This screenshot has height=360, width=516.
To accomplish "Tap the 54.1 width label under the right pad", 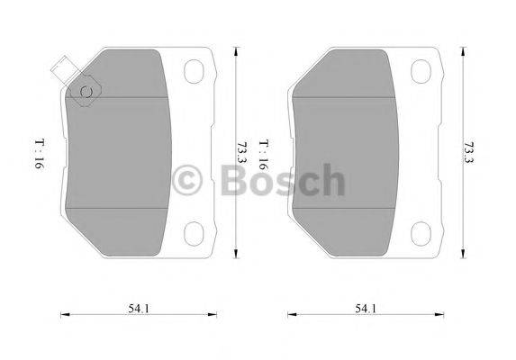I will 364,309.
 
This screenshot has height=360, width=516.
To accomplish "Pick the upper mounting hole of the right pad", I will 421,70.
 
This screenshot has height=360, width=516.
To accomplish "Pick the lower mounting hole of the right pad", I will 421,233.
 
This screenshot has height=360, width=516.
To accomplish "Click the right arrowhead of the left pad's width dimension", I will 219,314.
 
